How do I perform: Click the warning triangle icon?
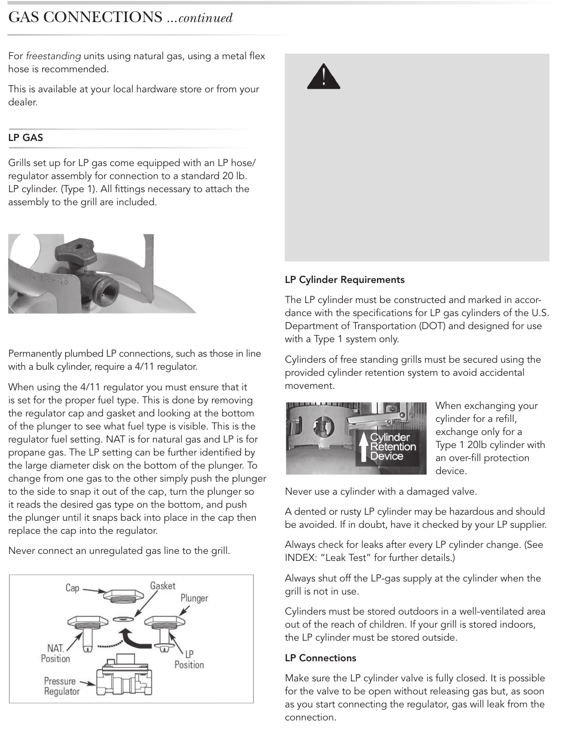point(323,77)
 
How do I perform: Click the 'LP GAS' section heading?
point(26,137)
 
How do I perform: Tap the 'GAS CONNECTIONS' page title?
point(85,17)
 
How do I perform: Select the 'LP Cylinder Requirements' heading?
point(344,279)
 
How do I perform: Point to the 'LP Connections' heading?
point(320,658)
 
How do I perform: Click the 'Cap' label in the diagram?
point(72,588)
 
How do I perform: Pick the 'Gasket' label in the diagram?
point(162,586)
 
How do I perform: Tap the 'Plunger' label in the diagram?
point(194,598)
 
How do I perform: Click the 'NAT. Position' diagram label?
point(55,653)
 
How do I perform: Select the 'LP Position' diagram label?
point(189,659)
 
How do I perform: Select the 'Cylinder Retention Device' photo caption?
point(393,447)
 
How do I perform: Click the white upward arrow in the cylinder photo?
point(364,447)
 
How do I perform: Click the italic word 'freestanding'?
point(53,56)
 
